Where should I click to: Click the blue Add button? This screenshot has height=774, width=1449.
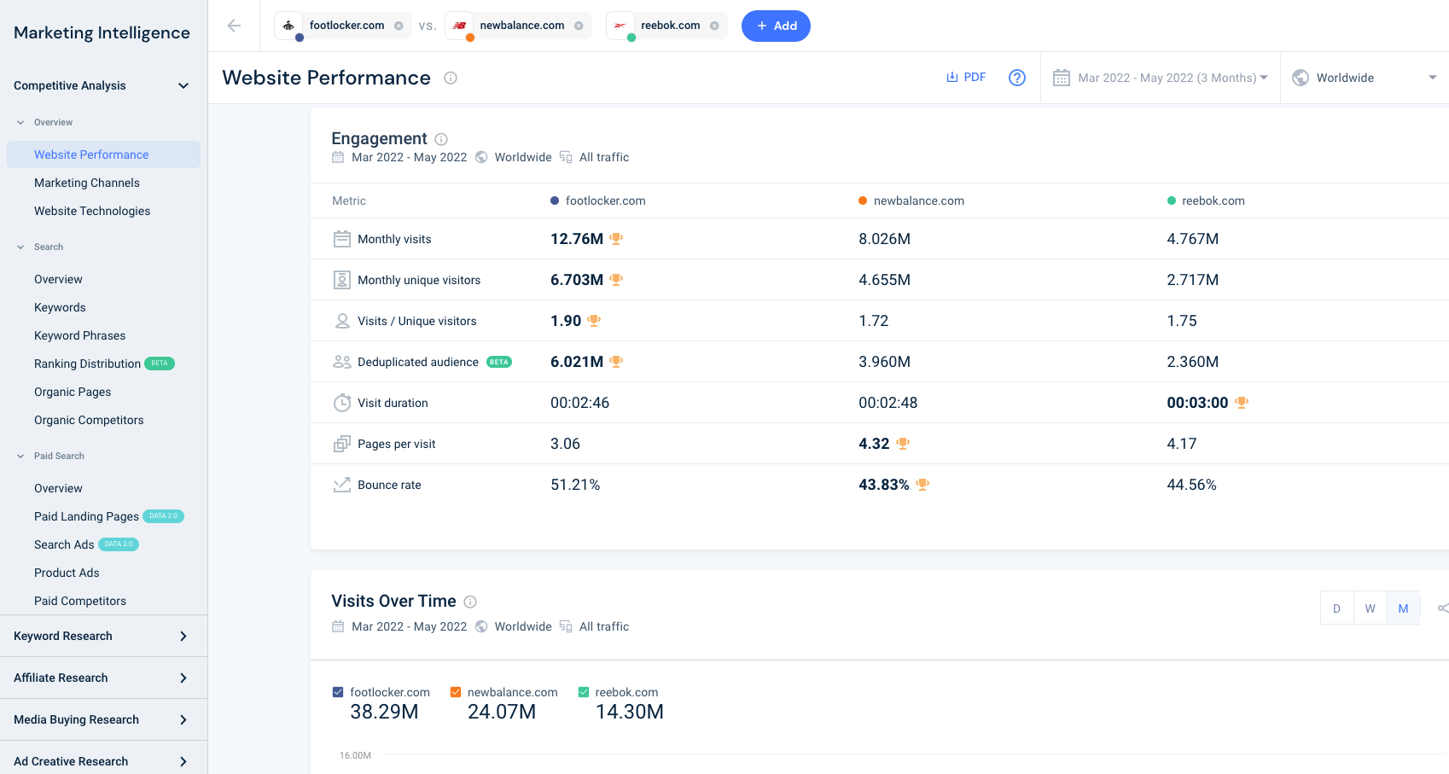(x=776, y=26)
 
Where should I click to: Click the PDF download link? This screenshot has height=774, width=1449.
(x=966, y=78)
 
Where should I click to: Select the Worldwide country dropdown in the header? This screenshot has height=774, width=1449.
(x=1365, y=78)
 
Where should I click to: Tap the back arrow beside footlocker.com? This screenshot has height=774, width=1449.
(x=234, y=26)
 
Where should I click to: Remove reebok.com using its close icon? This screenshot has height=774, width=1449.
(x=714, y=26)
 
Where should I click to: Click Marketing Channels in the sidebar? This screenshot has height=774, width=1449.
(x=87, y=183)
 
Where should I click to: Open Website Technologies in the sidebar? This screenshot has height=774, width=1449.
(x=92, y=211)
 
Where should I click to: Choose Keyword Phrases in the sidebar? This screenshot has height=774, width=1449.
(x=79, y=335)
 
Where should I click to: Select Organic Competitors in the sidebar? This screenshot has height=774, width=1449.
(x=89, y=421)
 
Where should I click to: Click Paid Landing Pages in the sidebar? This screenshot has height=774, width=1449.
(x=86, y=516)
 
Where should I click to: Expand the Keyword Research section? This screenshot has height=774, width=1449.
(x=100, y=637)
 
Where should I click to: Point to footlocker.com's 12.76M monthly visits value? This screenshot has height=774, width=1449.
(x=576, y=239)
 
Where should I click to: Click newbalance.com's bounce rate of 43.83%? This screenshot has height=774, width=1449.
(x=883, y=485)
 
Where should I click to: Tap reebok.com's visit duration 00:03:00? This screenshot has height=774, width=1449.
(x=1197, y=403)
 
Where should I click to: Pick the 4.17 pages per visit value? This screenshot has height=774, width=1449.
(x=1182, y=444)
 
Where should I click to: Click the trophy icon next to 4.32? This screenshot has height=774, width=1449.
(x=903, y=444)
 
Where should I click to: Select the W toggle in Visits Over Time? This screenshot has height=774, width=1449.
(x=1370, y=608)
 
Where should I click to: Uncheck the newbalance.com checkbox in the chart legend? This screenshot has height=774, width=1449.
(x=456, y=692)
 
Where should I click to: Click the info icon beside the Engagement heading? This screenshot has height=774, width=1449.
(x=441, y=139)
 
